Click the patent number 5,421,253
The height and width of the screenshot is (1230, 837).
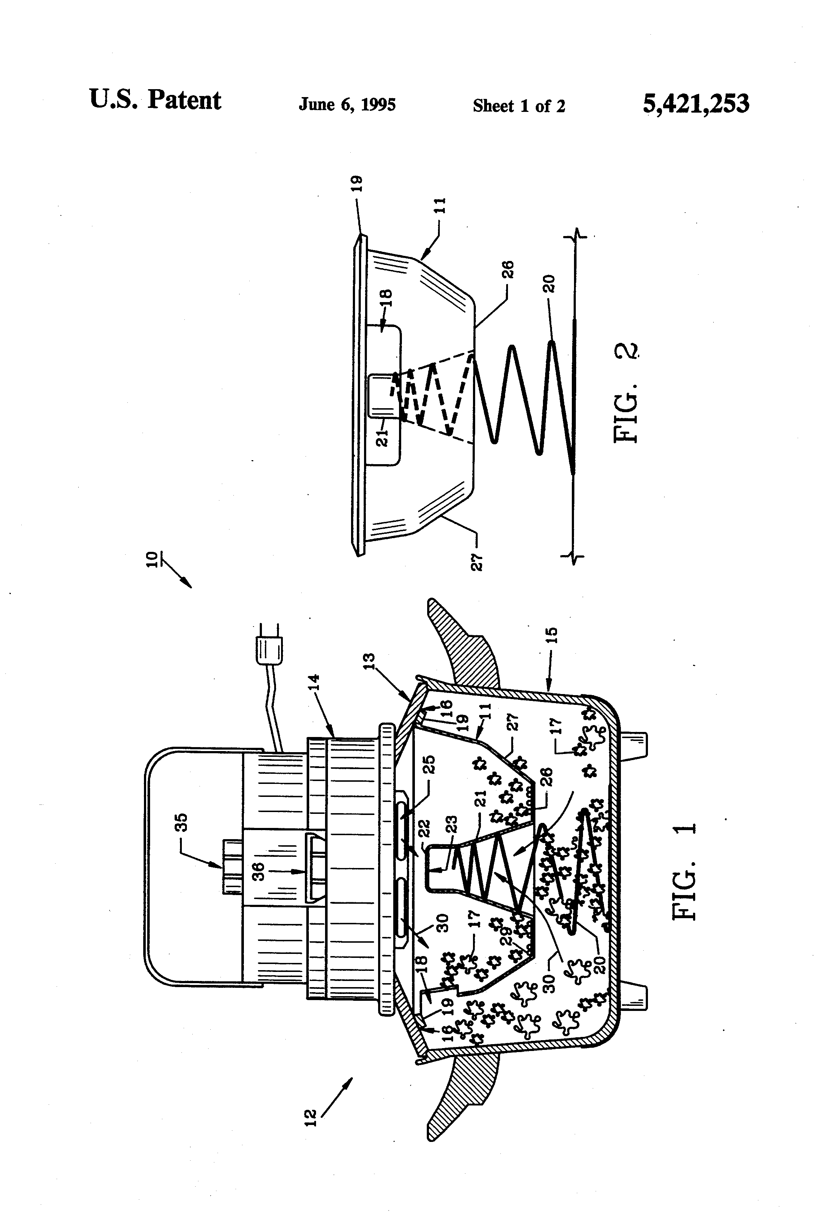pos(695,104)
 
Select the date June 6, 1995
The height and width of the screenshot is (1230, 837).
pos(347,104)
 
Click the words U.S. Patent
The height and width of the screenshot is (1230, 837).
pos(155,100)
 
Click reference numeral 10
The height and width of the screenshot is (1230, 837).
pos(151,559)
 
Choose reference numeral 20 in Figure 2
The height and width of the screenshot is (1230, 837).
pos(550,284)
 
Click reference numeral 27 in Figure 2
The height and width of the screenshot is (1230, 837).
pos(477,562)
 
